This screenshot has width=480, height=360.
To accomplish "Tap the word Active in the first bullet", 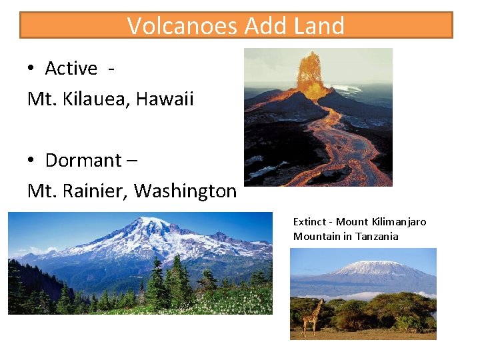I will pos(71,69).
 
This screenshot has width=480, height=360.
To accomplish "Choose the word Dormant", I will pos(83,161).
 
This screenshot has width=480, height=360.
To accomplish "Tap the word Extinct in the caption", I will pos(310,222).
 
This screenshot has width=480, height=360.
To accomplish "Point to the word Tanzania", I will pos(377,237).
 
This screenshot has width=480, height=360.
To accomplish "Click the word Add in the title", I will pos(265,26).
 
